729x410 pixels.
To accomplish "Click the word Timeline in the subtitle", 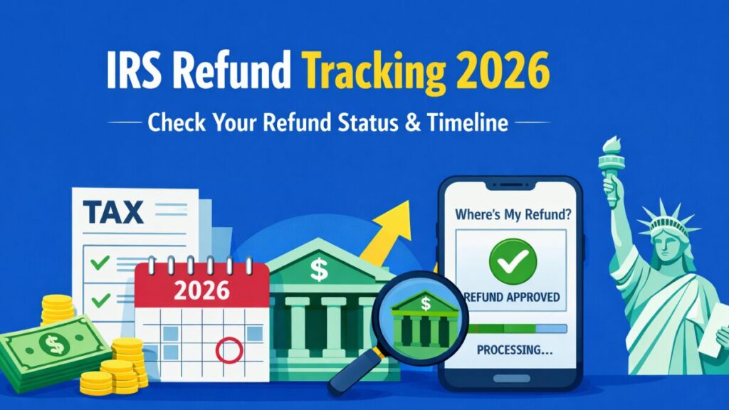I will tap(471, 122).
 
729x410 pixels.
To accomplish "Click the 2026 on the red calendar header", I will tap(202, 290).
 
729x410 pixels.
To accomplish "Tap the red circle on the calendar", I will tap(229, 349).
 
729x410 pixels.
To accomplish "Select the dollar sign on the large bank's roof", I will tap(319, 269).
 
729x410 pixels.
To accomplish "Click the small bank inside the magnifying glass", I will tap(426, 317).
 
